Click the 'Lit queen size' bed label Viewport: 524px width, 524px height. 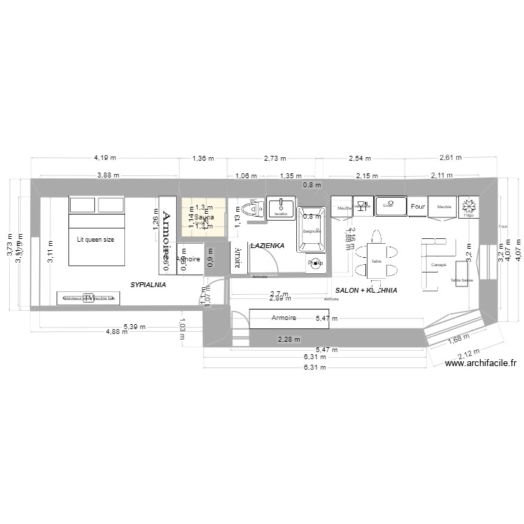point(95,240)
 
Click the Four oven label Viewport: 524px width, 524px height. point(418,207)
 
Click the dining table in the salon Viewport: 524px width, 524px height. point(377,259)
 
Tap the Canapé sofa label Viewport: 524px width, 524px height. point(439,264)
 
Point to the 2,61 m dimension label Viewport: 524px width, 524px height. point(451,158)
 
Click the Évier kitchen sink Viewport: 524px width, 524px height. point(388,205)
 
